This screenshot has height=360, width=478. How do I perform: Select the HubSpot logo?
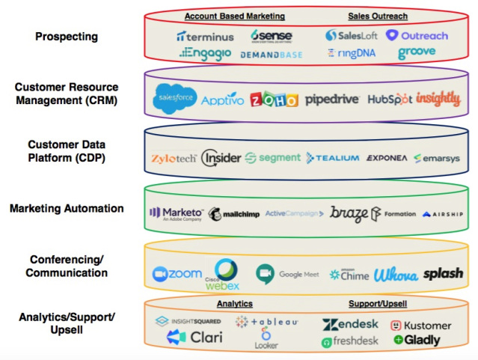point(389,99)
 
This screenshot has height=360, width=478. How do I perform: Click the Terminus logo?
point(205,36)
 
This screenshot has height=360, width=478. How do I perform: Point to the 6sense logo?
point(271,35)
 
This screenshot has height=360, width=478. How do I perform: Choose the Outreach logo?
point(417,35)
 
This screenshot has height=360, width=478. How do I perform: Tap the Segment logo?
point(273,158)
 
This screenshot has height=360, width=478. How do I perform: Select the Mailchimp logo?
point(235,213)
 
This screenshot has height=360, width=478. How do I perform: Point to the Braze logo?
point(349,213)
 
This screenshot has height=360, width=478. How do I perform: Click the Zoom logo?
point(177,274)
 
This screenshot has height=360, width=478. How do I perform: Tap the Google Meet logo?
point(289,274)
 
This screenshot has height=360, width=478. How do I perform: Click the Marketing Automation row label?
point(67,208)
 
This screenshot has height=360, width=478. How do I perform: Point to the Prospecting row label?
point(66,36)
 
